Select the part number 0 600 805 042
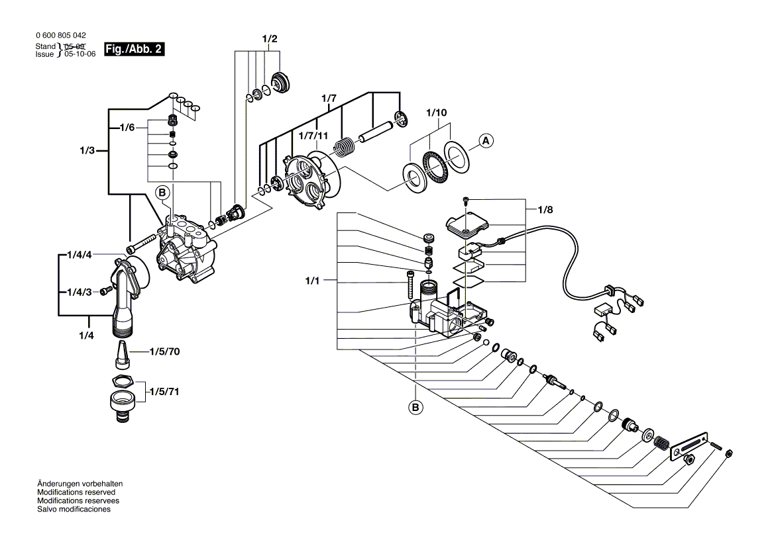59,36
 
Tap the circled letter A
486,140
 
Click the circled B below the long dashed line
415,408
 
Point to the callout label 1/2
270,40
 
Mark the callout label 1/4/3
79,292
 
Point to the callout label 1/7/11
314,136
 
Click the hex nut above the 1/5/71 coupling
123,381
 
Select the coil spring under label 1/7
343,146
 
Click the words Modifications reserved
76,493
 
